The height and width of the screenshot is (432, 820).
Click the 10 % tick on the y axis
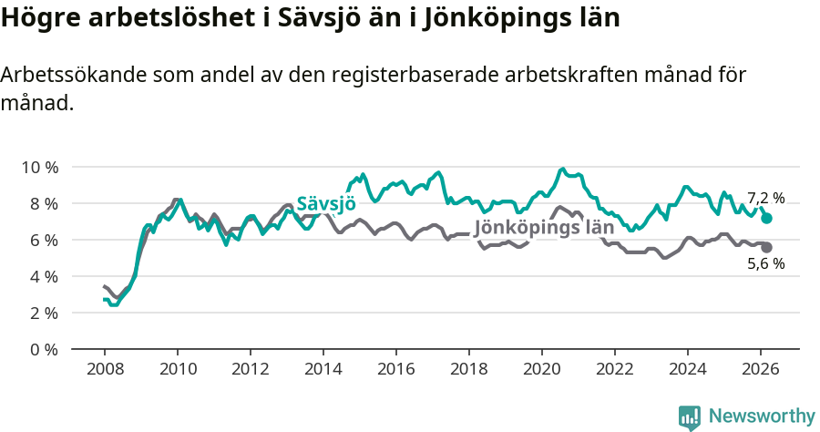[x=39, y=167]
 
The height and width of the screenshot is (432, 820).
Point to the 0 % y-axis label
[x=43, y=349]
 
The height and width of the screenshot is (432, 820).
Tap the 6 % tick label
[x=43, y=240]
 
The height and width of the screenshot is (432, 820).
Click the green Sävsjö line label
[x=326, y=205]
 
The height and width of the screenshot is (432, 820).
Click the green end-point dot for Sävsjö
[x=767, y=219]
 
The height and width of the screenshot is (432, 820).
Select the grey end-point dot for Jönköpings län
[x=767, y=248]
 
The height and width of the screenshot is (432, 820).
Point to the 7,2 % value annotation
[x=765, y=198]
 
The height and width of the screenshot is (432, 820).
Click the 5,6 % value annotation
[x=765, y=264]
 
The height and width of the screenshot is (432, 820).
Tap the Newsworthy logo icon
[x=690, y=417]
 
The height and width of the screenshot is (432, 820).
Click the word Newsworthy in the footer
[x=762, y=417]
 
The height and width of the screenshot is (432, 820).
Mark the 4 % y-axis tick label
[x=43, y=276]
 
